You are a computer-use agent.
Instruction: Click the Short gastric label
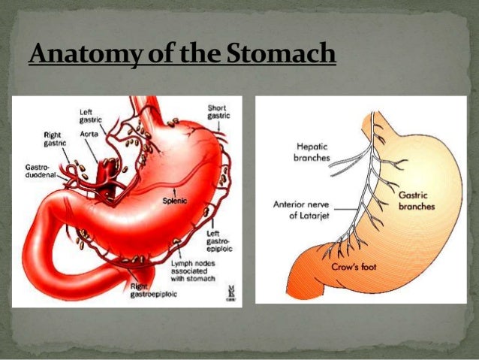(217, 112)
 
